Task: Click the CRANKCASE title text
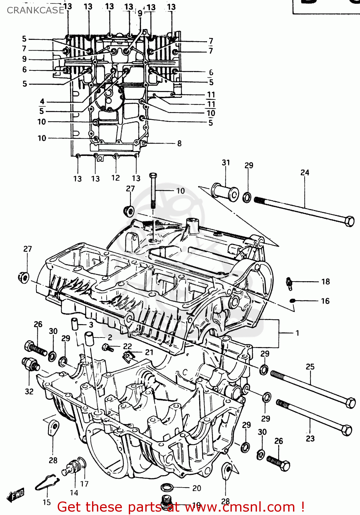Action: pos(36,10)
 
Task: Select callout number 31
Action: pos(226,162)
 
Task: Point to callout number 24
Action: pos(305,172)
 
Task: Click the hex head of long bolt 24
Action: pos(349,221)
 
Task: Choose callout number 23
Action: pos(310,438)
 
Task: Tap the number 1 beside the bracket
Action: pos(297,333)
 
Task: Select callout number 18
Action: pos(325,282)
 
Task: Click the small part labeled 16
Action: pos(292,301)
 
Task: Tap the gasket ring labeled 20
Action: pos(167,488)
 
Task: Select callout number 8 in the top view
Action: pos(179,143)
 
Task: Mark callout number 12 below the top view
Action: pos(115,178)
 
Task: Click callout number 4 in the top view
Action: pos(42,101)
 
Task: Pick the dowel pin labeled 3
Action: pos(75,324)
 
